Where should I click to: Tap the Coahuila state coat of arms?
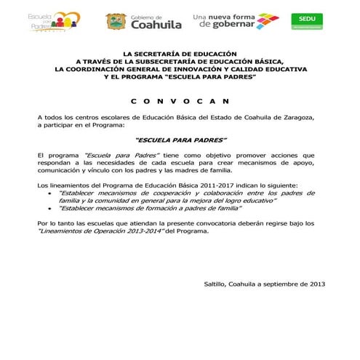pyautogui.click(x=116, y=22)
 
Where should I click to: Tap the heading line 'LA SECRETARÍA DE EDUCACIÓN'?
pyautogui.click(x=180, y=54)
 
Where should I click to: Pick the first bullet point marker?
pyautogui.click(x=49, y=193)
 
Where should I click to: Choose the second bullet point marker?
pyautogui.click(x=49, y=208)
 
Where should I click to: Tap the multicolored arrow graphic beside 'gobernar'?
pyautogui.click(x=261, y=20)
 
